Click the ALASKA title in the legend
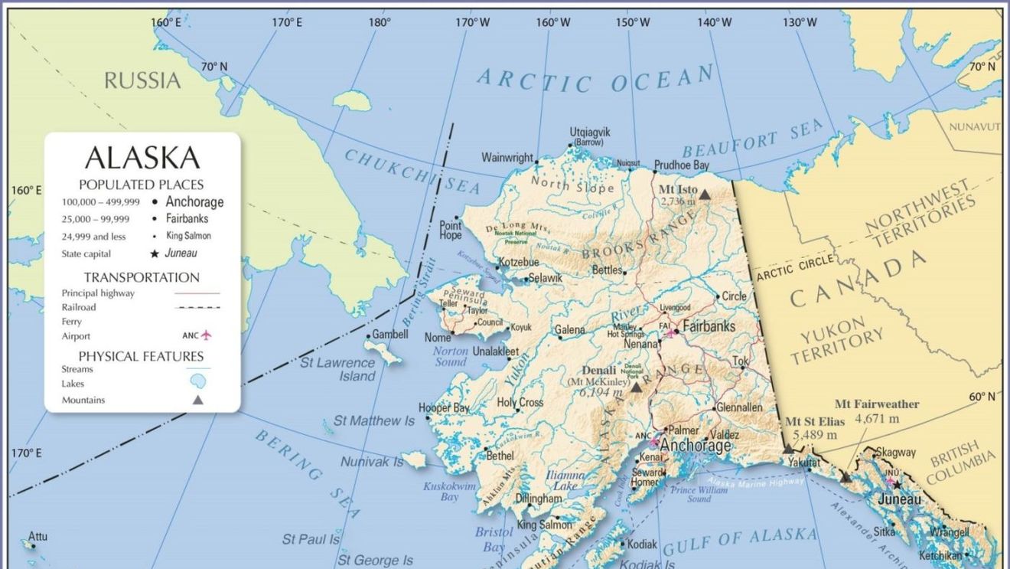[142, 158]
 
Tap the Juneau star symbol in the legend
[154, 253]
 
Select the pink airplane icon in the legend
[206, 335]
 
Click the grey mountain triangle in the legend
[198, 400]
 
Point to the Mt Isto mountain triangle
[705, 195]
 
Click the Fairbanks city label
[709, 326]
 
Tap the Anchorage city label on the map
[696, 446]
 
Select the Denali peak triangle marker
[636, 388]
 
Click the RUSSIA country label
[142, 80]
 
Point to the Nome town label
[438, 338]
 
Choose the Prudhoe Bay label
[681, 165]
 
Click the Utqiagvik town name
[590, 132]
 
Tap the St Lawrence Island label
[337, 368]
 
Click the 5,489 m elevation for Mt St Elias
[815, 434]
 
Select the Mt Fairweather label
[877, 404]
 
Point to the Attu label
[37, 536]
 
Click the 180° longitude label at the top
[380, 22]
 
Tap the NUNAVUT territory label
[974, 126]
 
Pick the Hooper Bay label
[444, 408]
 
